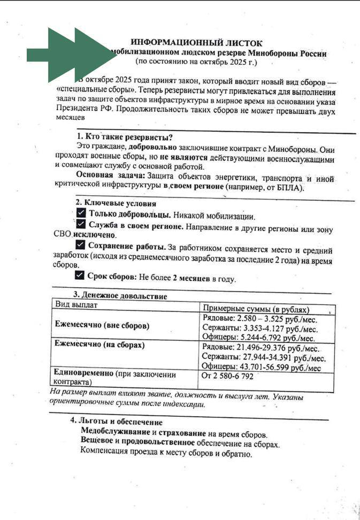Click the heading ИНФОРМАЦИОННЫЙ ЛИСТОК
click(x=196, y=42)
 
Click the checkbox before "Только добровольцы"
click(x=81, y=214)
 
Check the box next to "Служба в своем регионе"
click(x=81, y=224)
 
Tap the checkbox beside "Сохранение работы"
click(x=80, y=245)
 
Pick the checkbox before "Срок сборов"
click(x=79, y=276)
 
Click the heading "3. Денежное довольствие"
click(x=120, y=296)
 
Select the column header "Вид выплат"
click(x=77, y=304)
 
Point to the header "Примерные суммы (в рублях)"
click(x=256, y=309)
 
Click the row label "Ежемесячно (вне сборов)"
click(x=102, y=325)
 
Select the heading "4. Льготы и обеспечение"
click(x=116, y=421)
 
